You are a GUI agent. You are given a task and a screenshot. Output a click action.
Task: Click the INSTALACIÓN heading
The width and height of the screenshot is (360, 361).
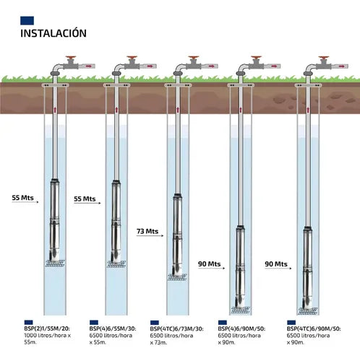tap(53, 33)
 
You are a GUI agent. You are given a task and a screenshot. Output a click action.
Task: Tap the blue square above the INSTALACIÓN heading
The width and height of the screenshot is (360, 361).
tap(27, 20)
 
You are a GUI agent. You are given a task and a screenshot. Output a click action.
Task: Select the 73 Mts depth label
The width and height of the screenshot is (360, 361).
tap(147, 231)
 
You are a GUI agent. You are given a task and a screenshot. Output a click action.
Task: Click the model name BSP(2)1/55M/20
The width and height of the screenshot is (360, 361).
tap(47, 329)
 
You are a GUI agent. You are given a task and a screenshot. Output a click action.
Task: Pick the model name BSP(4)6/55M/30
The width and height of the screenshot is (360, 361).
tap(113, 329)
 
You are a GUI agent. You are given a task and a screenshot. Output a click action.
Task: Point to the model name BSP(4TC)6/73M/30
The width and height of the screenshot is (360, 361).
tap(176, 329)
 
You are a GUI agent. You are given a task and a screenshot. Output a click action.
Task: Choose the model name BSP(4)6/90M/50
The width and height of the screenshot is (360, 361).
tap(241, 329)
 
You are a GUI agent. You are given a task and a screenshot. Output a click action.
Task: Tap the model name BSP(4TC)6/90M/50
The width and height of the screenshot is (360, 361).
tap(314, 329)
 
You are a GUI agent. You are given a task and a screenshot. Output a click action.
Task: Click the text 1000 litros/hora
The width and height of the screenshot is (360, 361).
tap(45, 335)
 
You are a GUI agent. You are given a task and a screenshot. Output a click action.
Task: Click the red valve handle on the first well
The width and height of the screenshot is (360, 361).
tap(71, 58)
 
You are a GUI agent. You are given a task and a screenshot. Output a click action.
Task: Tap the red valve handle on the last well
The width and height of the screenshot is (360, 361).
tap(324, 58)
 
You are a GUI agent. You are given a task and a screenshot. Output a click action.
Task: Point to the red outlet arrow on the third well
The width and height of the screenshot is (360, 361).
tap(211, 66)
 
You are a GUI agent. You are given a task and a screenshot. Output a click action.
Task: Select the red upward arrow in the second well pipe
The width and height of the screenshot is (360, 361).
tap(116, 110)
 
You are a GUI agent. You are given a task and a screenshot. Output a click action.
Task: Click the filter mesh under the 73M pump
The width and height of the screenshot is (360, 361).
tap(177, 277)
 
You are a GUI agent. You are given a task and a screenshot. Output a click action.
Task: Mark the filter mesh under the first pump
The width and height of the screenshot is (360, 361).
tap(55, 263)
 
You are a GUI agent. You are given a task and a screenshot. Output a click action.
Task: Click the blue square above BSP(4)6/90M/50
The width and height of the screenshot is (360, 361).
tap(223, 323)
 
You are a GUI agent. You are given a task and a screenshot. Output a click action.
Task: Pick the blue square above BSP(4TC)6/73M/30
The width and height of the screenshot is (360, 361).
tap(155, 323)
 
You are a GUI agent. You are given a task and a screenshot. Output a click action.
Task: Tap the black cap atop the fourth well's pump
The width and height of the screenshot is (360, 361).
tap(241, 227)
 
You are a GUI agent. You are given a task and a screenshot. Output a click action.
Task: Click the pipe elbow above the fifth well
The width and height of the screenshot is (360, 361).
tap(309, 69)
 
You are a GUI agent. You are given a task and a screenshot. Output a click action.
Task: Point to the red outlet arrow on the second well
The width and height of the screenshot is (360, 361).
tap(150, 66)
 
